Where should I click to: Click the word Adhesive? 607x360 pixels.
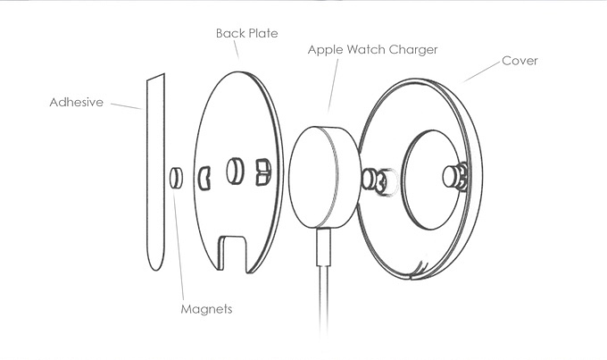pos(76,103)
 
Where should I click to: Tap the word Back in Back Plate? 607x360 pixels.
pos(229,33)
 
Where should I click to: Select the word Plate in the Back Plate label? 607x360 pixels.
pos(262,33)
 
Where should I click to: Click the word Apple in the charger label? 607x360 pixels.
pos(326,50)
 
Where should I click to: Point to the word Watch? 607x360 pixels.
pos(368,50)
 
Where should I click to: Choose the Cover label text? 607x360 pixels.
pos(520,61)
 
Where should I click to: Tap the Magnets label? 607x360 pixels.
pos(205,309)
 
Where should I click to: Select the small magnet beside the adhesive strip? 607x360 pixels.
pos(177,177)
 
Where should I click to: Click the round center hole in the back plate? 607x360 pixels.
pos(236,170)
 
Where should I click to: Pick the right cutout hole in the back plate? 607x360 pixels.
pos(262,170)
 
